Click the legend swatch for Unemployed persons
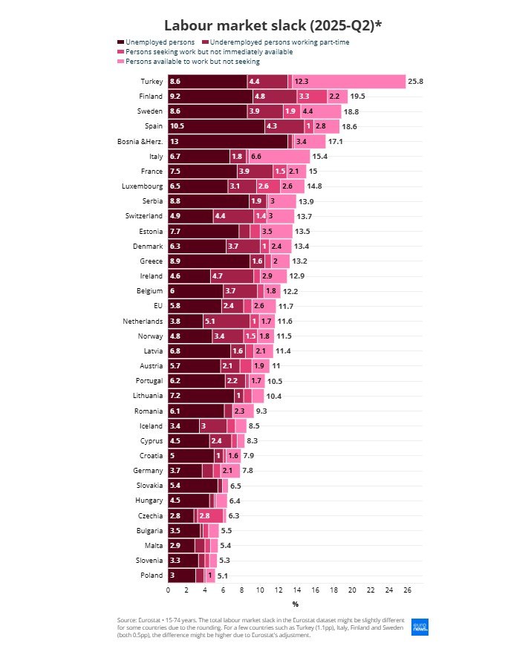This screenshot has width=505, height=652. pyautogui.click(x=121, y=42)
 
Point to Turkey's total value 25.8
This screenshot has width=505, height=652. pyautogui.click(x=416, y=81)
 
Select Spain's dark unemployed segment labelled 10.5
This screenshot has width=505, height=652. pyautogui.click(x=216, y=126)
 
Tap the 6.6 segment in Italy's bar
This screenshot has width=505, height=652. pyautogui.click(x=279, y=157)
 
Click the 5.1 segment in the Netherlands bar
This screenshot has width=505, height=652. pyautogui.click(x=226, y=321)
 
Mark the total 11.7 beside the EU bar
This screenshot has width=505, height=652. pyautogui.click(x=287, y=306)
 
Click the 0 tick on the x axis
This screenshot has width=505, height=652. pyautogui.click(x=169, y=590)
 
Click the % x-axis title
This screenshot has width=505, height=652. pyautogui.click(x=295, y=604)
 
